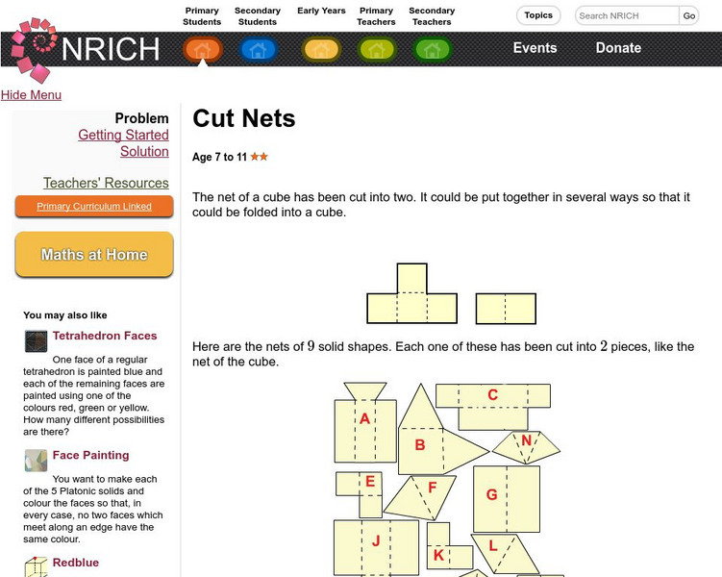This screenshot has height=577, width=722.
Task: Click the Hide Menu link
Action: pyautogui.click(x=31, y=95)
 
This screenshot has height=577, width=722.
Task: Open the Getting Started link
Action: pyautogui.click(x=123, y=135)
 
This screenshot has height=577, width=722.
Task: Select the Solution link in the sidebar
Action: pyautogui.click(x=144, y=152)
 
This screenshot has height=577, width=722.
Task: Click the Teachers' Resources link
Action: pyautogui.click(x=106, y=183)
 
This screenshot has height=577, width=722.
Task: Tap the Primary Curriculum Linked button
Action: pyautogui.click(x=94, y=207)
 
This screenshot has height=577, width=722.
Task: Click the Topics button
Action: pyautogui.click(x=538, y=15)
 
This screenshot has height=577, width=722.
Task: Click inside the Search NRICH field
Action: pyautogui.click(x=627, y=15)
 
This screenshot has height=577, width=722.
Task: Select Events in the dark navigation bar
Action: pyautogui.click(x=535, y=48)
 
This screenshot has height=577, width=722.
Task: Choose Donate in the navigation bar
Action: pyautogui.click(x=618, y=48)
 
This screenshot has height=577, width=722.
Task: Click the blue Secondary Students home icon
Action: pyautogui.click(x=258, y=50)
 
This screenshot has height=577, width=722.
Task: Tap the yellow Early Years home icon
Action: pyautogui.click(x=321, y=50)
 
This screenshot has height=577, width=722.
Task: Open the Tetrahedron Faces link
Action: pyautogui.click(x=105, y=336)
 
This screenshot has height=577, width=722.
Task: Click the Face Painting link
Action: pyautogui.click(x=90, y=455)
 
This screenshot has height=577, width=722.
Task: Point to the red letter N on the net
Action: pyautogui.click(x=526, y=440)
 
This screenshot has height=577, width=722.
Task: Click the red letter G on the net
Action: pyautogui.click(x=492, y=494)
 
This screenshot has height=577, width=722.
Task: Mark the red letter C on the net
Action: pyautogui.click(x=492, y=394)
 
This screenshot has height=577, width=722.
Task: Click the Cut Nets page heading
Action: pyautogui.click(x=244, y=118)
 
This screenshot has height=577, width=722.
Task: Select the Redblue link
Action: pyautogui.click(x=76, y=563)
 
